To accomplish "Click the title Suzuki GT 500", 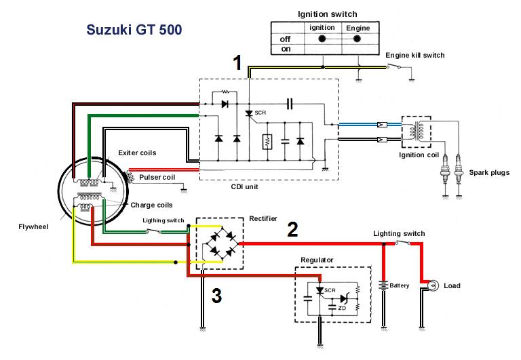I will (134, 31).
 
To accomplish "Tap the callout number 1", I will (237, 64).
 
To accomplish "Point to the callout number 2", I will (292, 229).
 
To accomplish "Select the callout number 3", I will (216, 296).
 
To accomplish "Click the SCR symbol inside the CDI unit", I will (249, 113).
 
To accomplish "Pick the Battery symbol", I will (384, 285).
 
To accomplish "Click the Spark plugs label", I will (488, 173).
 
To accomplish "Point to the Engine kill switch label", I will (414, 55).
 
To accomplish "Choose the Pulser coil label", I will (156, 178).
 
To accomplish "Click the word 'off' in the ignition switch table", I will (285, 39).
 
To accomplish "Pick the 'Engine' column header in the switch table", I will (358, 28).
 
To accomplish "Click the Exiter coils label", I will (137, 153).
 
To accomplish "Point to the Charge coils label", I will (151, 204).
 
